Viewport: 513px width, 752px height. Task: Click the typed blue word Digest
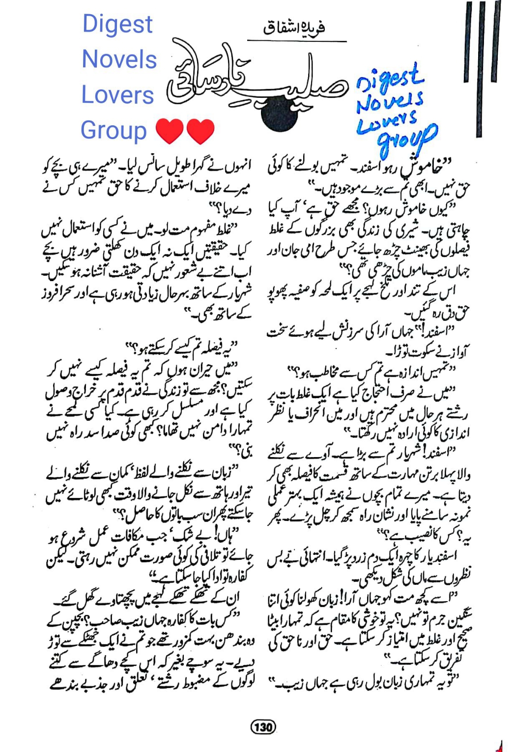tap(117, 25)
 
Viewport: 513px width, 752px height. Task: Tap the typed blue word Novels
tap(119, 59)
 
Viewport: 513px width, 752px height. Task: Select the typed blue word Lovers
tap(118, 95)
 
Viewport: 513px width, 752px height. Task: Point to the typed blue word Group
tap(114, 131)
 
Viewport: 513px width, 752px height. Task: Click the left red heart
tap(170, 131)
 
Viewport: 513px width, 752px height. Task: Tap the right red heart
tap(200, 131)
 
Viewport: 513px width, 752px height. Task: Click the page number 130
tap(263, 726)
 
